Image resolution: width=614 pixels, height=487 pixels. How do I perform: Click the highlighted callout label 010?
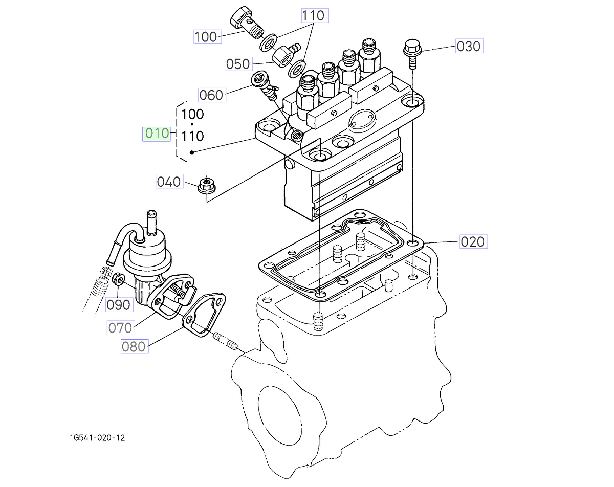point(157,134)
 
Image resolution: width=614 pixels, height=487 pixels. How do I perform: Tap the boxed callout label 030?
point(468,47)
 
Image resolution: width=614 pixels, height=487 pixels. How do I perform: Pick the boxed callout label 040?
point(169,182)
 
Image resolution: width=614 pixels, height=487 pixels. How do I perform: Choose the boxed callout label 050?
point(238,64)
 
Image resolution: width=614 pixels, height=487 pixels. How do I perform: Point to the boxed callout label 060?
point(211,95)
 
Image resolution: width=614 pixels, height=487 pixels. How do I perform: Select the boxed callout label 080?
point(134,346)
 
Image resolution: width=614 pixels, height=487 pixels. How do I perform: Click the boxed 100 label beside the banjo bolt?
point(206,37)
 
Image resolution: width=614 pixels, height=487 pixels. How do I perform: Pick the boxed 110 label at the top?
point(313,16)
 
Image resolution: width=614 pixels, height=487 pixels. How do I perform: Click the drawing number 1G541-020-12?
point(98,438)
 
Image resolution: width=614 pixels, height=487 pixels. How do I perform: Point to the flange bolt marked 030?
point(411,51)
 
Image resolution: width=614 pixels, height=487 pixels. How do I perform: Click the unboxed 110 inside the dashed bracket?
point(192,137)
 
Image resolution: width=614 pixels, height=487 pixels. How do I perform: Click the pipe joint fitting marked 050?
point(283,54)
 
